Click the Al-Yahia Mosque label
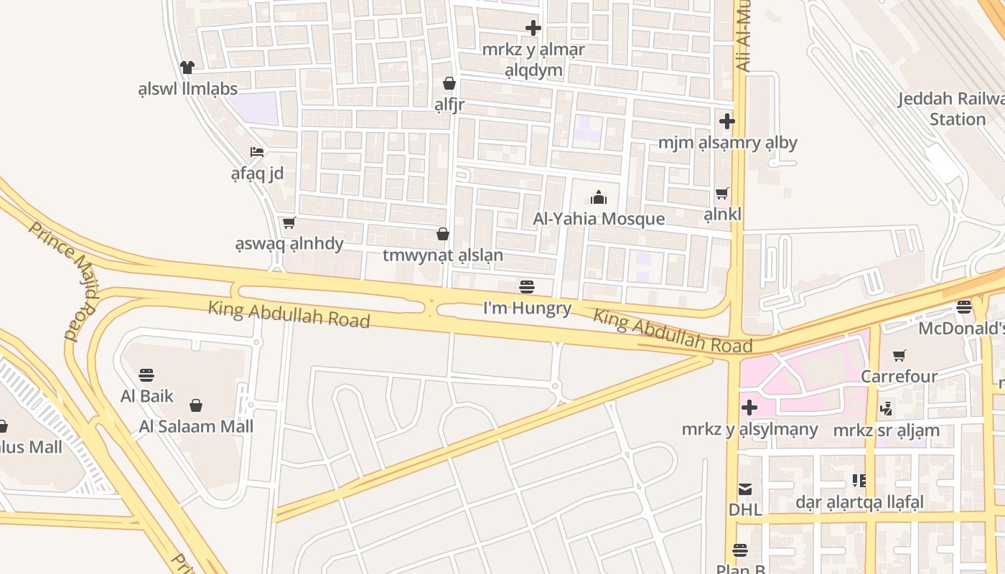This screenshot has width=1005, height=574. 599,219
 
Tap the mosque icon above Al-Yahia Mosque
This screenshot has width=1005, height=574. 599,197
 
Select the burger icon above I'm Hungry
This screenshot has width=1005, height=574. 527,287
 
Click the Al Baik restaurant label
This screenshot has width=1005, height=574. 147,396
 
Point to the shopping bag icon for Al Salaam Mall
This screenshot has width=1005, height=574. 196,405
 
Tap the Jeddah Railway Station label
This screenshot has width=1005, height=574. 951,108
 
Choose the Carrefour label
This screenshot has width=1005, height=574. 899,376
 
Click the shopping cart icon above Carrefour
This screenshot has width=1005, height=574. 899,355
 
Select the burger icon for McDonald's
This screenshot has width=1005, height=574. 963,307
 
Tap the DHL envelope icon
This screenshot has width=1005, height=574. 745,489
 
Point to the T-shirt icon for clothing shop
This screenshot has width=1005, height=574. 187,67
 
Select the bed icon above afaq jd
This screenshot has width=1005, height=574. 257,151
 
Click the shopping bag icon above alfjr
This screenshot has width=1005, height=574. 449,83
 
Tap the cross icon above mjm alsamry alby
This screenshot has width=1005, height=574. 727,121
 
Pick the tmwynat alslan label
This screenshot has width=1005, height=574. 443,255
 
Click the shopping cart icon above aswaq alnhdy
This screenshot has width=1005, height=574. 289,222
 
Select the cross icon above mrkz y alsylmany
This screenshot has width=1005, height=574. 749,408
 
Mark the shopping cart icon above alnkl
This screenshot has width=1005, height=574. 722,193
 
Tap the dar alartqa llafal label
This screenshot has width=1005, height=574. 859,502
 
